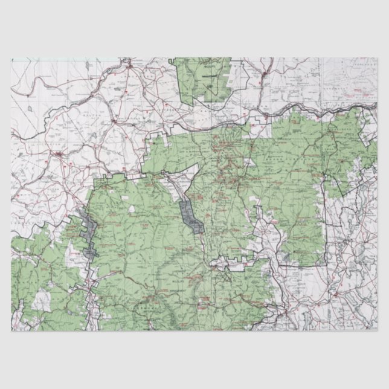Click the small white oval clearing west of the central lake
click(x=132, y=210)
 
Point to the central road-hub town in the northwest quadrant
click(x=114, y=121)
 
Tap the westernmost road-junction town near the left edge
click(x=59, y=155)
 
